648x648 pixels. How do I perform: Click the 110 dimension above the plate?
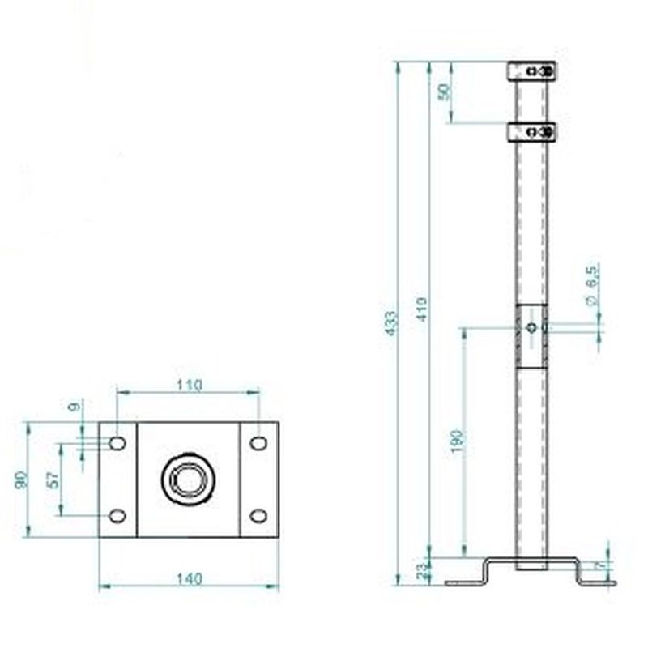point(189,386)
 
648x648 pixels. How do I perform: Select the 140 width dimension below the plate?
point(189,578)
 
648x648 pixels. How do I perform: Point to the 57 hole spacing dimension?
point(53,479)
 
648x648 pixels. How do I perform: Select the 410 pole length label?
point(421,309)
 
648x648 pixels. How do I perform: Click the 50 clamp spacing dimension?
point(443,92)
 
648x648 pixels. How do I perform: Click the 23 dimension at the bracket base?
point(420,571)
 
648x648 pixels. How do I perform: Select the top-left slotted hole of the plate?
point(117,443)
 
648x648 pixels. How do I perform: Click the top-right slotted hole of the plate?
point(258,443)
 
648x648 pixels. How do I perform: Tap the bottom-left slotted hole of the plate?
point(117,516)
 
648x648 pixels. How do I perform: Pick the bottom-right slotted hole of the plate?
point(258,516)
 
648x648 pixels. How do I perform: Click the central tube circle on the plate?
point(188,479)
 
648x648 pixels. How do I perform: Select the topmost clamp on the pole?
point(531,71)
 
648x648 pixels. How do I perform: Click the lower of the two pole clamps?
point(531,131)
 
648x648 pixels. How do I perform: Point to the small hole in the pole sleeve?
point(531,327)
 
